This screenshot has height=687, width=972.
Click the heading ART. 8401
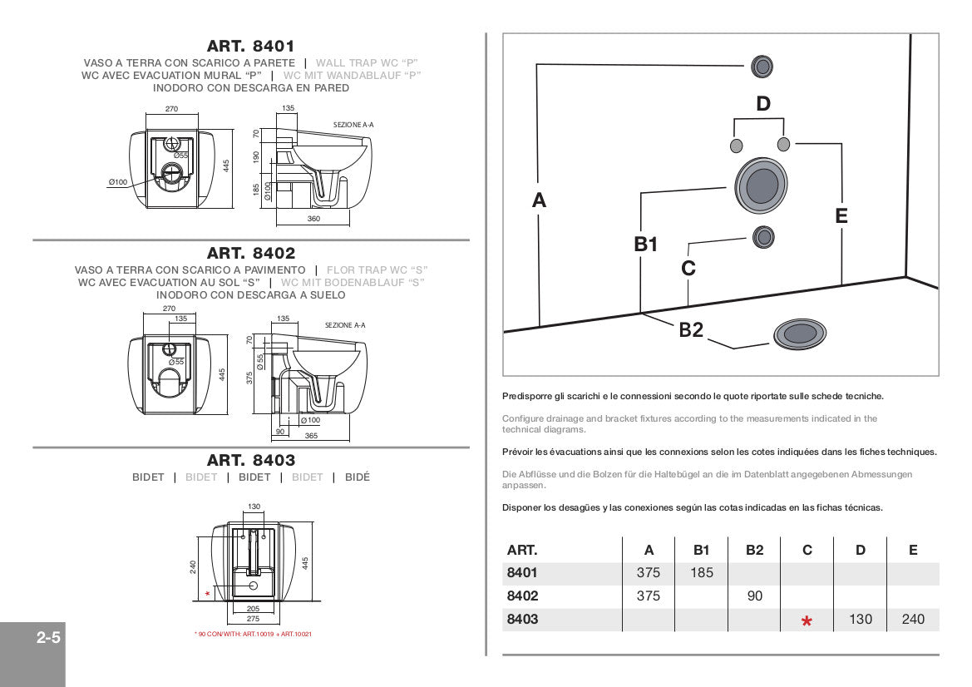coord(250,47)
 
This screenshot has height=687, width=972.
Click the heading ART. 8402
coord(250,253)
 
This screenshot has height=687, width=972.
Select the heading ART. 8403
coord(250,460)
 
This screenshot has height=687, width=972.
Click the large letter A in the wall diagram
coord(539,200)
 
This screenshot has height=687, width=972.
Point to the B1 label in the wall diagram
coord(646,244)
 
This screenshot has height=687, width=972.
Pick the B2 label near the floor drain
coord(691,329)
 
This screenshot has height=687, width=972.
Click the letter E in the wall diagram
coord(841,216)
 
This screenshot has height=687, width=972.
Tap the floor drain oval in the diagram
coord(799,334)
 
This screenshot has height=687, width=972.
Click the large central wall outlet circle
coord(761,185)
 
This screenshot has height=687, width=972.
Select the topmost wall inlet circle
coord(762,67)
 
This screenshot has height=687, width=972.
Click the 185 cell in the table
coord(701,573)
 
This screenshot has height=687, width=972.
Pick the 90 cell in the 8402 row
coord(754,596)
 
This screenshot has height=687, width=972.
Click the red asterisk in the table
coord(807,621)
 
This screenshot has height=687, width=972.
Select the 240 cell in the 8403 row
coord(912,619)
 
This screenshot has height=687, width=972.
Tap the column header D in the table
coord(861,550)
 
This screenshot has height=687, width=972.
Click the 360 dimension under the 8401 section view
coord(313,219)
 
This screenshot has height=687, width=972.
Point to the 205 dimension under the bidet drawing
coord(254,609)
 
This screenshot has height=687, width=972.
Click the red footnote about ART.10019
coord(253,635)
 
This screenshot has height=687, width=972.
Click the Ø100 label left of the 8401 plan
coord(117,181)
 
